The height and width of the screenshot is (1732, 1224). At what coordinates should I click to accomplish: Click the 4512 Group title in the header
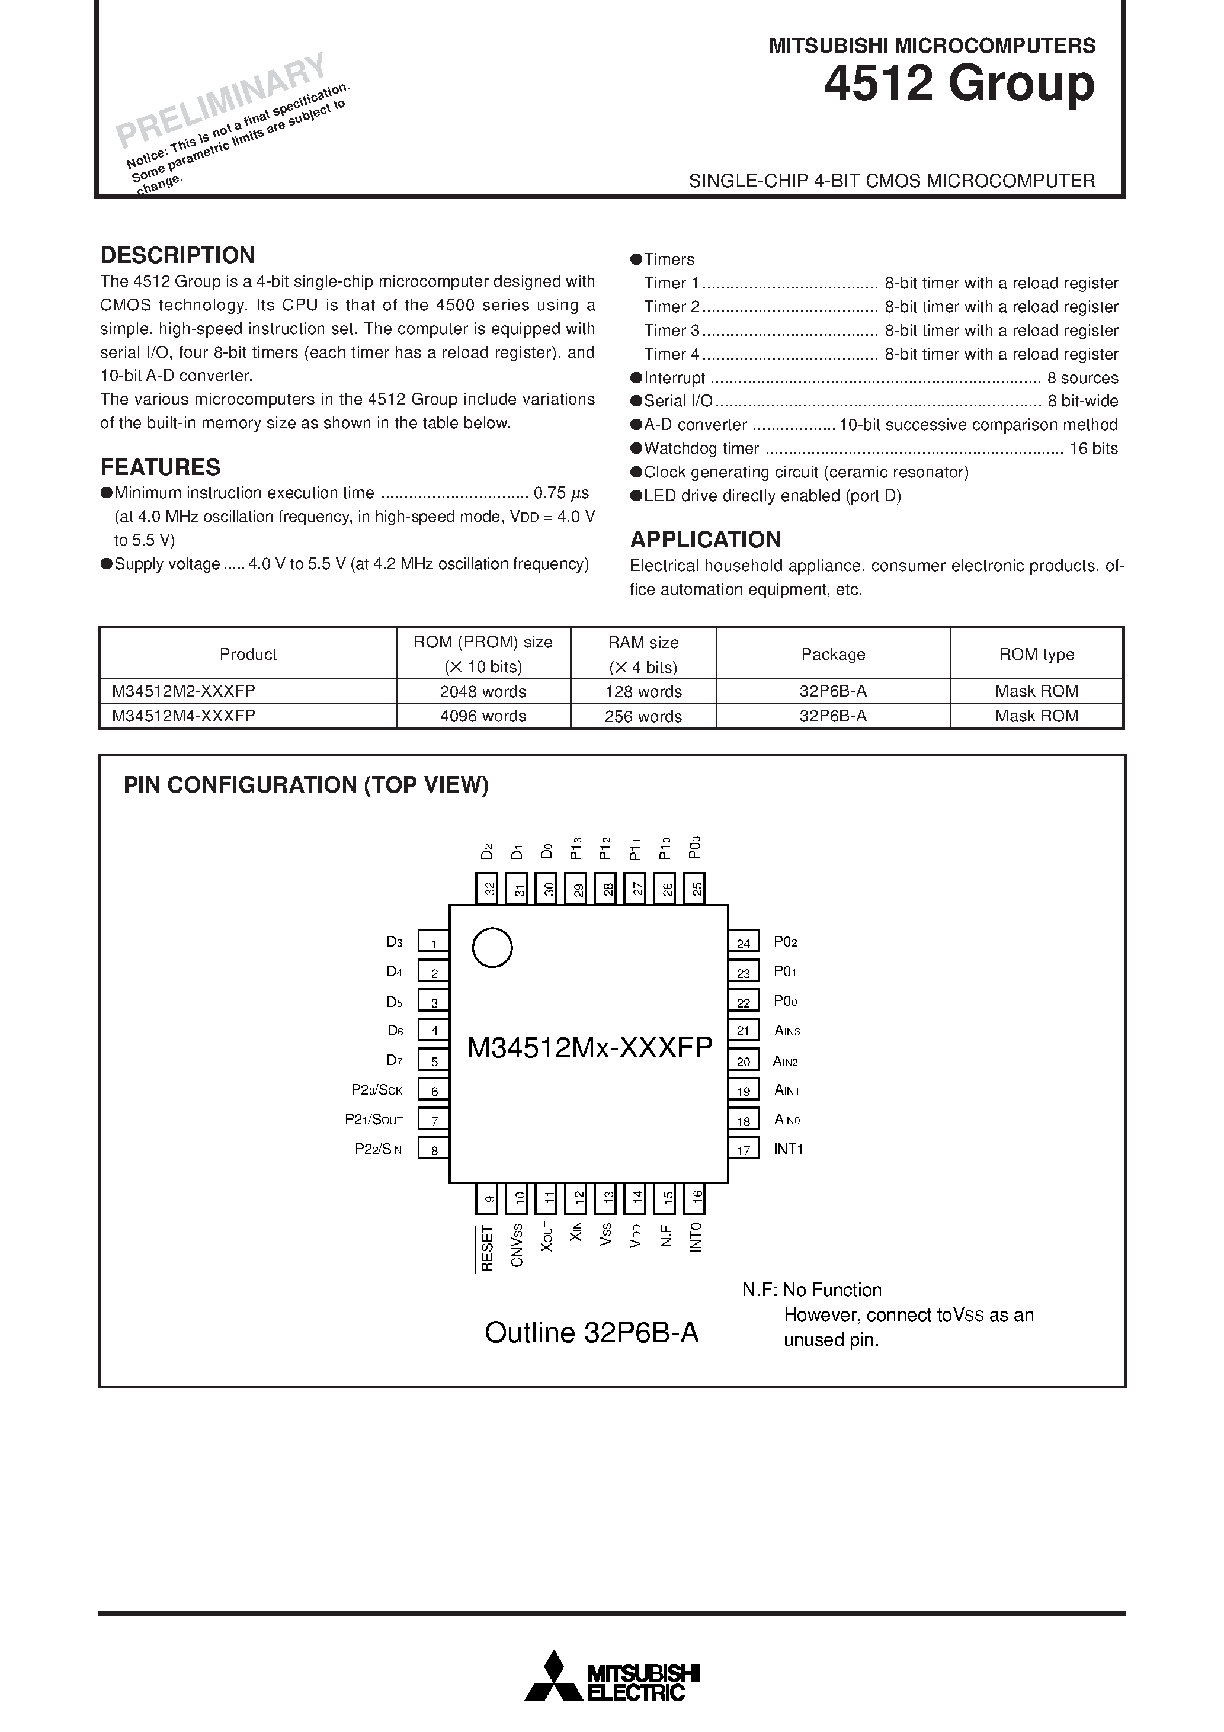pyautogui.click(x=959, y=83)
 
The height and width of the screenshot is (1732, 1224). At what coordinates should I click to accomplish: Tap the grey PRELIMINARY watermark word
pyautogui.click(x=220, y=100)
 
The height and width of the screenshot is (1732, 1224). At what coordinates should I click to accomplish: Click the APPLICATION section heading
pyautogui.click(x=706, y=540)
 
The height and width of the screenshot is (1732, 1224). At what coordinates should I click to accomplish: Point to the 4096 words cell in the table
pyautogui.click(x=483, y=716)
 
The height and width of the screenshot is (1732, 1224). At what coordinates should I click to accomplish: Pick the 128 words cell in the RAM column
pyautogui.click(x=643, y=691)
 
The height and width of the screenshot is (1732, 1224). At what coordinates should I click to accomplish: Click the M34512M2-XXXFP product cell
pyautogui.click(x=184, y=691)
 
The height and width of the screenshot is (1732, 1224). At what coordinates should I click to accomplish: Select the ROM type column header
pyautogui.click(x=1036, y=654)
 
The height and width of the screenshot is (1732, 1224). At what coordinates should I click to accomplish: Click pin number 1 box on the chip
pyautogui.click(x=434, y=943)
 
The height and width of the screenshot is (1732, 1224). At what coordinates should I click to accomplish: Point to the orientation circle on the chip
pyautogui.click(x=492, y=948)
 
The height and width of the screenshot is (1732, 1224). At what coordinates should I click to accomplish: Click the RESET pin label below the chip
pyautogui.click(x=487, y=1249)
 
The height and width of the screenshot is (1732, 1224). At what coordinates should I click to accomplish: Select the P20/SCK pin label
pyautogui.click(x=377, y=1090)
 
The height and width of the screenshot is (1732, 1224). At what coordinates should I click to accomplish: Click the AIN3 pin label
pyautogui.click(x=787, y=1031)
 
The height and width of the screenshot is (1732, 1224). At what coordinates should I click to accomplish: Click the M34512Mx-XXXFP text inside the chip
pyautogui.click(x=589, y=1047)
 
